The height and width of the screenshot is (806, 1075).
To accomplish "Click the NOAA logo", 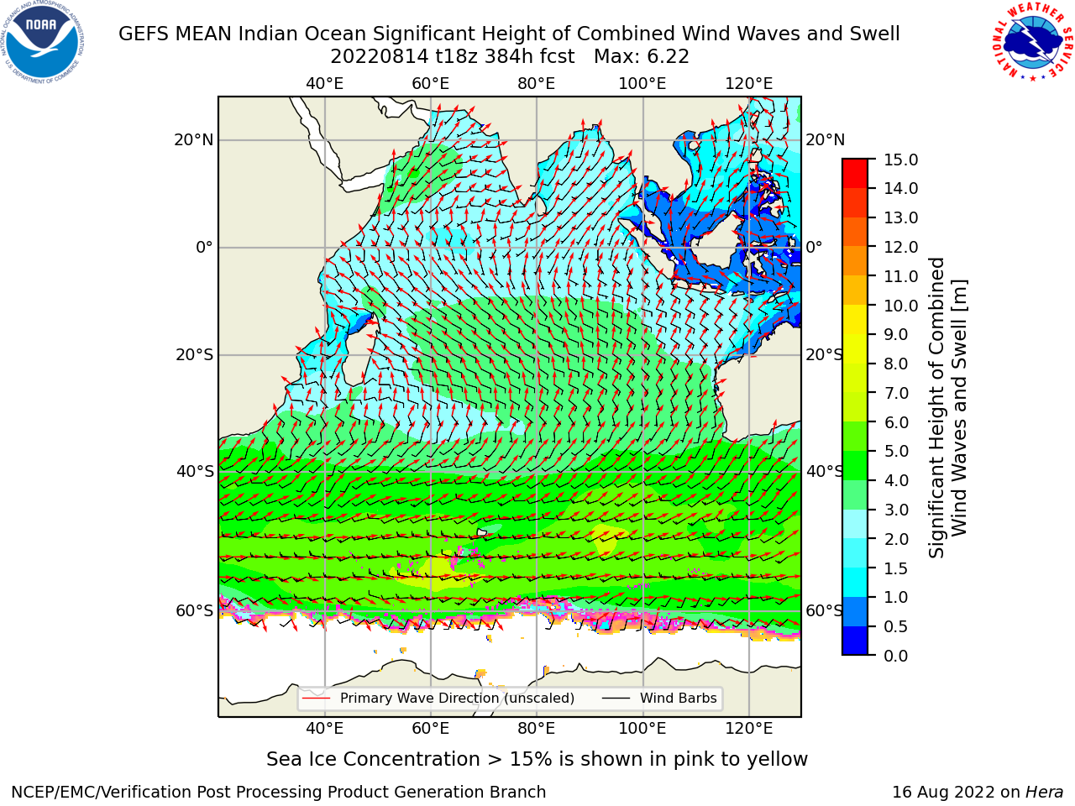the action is point(43,43).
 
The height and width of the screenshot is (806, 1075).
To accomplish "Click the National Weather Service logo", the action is point(1032,41).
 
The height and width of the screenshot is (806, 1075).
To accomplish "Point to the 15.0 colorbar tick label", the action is point(900,160).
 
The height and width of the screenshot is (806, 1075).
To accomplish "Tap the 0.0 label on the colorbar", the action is point(896,656).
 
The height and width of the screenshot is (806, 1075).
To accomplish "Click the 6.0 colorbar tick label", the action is point(896,422).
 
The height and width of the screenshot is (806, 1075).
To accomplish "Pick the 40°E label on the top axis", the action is point(325,84).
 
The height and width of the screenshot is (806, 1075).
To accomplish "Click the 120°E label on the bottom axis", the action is point(749,729).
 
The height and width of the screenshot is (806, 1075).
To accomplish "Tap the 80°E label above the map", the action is point(537,84).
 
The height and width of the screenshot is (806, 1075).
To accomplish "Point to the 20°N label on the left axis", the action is point(194,140).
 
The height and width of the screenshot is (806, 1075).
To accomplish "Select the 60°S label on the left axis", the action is point(195,610).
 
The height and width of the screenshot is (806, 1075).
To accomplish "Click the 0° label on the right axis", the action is point(814,247).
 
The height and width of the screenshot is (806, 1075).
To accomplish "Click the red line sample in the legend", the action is point(317,699).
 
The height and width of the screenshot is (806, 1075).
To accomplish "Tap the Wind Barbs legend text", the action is point(679,699).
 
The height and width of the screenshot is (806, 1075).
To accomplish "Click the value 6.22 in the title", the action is point(669,57).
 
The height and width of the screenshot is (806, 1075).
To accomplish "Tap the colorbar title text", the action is point(947,407).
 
